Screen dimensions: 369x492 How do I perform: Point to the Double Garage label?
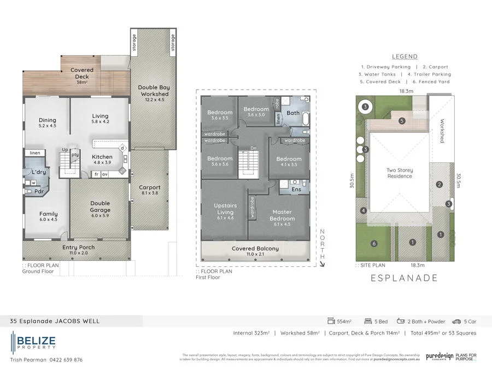click(x=100, y=206)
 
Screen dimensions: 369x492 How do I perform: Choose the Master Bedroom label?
click(x=282, y=215)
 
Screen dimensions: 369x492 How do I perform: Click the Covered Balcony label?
click(x=255, y=249)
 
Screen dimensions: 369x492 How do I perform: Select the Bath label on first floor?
click(x=293, y=113)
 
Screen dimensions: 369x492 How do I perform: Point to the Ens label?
click(x=296, y=189)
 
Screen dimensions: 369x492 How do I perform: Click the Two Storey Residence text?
click(x=400, y=173)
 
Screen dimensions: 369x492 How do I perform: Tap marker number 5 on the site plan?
click(x=402, y=121)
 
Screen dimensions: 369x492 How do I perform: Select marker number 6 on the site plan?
click(x=374, y=243)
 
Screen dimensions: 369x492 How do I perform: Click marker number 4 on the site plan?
click(x=363, y=211)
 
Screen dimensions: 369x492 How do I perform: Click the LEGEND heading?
click(x=405, y=56)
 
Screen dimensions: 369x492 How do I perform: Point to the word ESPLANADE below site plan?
click(x=405, y=278)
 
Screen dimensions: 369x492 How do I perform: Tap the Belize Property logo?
click(x=33, y=342)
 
